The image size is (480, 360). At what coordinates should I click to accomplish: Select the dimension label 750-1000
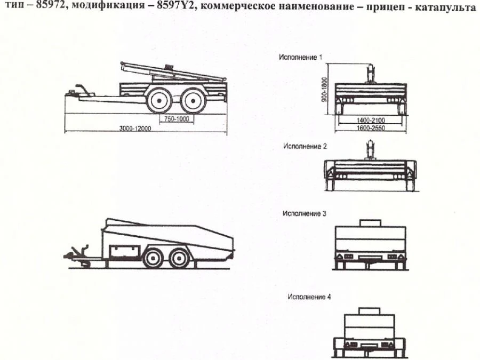[x=177, y=118]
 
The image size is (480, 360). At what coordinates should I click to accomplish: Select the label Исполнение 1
[x=301, y=56]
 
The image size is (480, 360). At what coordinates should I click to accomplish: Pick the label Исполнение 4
[x=309, y=298]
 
